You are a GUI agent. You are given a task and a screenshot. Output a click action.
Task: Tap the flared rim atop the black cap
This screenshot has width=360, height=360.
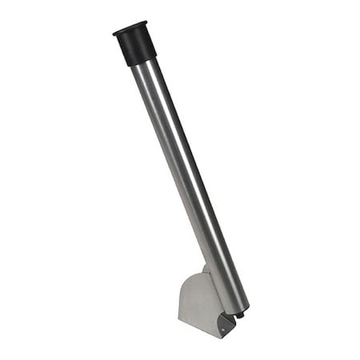click(130, 28)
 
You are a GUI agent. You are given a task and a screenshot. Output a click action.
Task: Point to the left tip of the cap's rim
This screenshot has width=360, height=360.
click(114, 34)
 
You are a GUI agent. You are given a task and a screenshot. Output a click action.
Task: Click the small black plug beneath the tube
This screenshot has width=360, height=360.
click(239, 316)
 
